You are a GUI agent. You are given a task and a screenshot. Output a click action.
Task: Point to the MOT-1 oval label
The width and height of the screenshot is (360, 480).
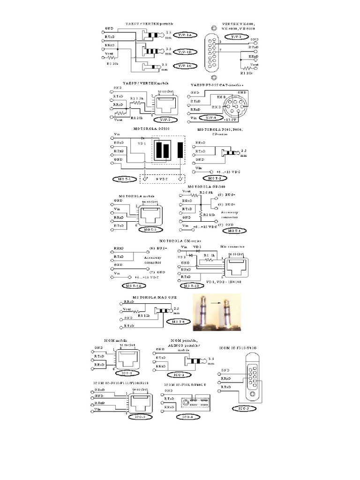124,179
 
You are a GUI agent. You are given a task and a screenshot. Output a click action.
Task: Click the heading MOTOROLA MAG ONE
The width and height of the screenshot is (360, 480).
153,297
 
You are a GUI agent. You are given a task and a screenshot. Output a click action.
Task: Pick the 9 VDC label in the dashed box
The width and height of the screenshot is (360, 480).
164,179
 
